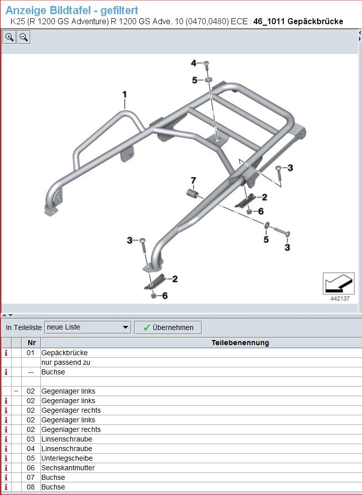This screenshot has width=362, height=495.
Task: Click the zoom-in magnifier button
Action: (10, 37)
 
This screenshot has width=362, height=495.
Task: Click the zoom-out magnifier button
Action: (24, 37)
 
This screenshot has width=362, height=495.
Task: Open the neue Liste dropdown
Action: (88, 327)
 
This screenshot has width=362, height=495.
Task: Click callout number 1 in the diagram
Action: (125, 94)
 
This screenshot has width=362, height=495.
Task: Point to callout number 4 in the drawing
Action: (194, 63)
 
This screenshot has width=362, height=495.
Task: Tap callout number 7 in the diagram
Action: (193, 180)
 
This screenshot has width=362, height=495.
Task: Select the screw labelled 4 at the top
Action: (207, 66)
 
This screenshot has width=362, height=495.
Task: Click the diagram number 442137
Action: (340, 298)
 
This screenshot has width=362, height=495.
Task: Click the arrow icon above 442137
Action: (338, 283)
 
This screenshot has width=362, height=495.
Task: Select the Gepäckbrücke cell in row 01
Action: (65, 353)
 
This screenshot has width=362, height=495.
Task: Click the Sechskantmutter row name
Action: (68, 468)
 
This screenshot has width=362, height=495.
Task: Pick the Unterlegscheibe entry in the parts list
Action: (67, 458)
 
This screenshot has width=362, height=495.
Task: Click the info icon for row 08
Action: (6, 487)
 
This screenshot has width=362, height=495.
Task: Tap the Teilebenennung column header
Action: (240, 343)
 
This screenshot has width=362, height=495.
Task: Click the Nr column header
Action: (32, 343)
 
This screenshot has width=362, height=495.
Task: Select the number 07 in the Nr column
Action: (31, 477)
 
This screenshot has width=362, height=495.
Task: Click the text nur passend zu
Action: (66, 362)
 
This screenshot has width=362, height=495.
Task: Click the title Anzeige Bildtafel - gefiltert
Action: (72, 10)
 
